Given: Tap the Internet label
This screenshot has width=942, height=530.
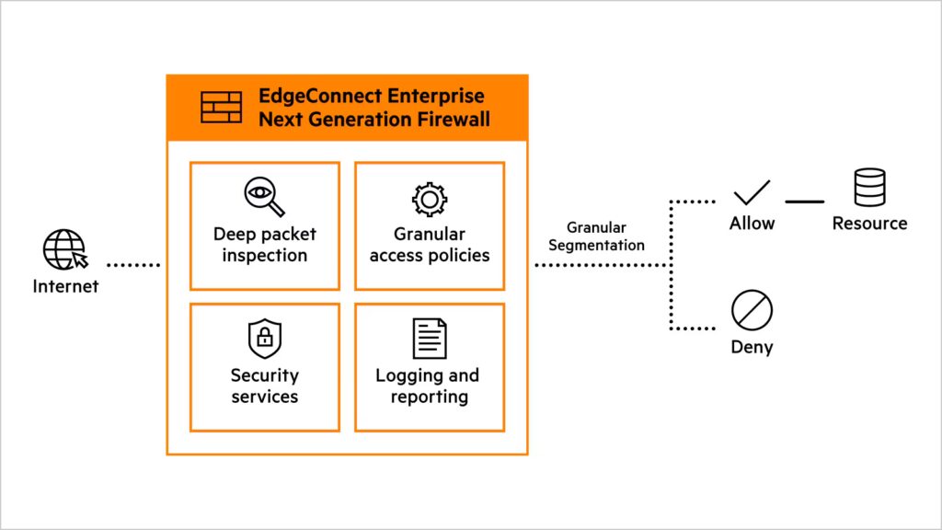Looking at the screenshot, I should point(65,286).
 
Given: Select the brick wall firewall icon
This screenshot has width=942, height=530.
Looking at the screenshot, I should point(221,108).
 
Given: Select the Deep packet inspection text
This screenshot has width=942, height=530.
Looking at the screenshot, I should point(264,245).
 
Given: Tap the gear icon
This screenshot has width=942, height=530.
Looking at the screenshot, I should point(429,200).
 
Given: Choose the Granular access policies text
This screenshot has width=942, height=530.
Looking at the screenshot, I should point(430,245).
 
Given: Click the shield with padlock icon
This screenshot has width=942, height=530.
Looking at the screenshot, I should point(264,340).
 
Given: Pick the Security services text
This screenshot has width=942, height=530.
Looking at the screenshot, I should point(264,386).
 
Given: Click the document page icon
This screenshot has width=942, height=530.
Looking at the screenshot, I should point(429,339).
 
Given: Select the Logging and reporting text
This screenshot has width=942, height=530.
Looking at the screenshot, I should point(429,386).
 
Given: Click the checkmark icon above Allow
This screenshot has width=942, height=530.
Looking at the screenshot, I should point(752,193).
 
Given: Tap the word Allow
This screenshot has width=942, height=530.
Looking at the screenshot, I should point(752,224).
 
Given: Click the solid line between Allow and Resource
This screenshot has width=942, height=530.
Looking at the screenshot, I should point(804,201).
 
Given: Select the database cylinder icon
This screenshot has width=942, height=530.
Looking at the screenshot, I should point(869,188).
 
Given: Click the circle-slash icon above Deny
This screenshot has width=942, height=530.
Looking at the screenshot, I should point(751,311).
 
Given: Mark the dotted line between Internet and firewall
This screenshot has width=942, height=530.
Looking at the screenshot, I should point(133,265).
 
